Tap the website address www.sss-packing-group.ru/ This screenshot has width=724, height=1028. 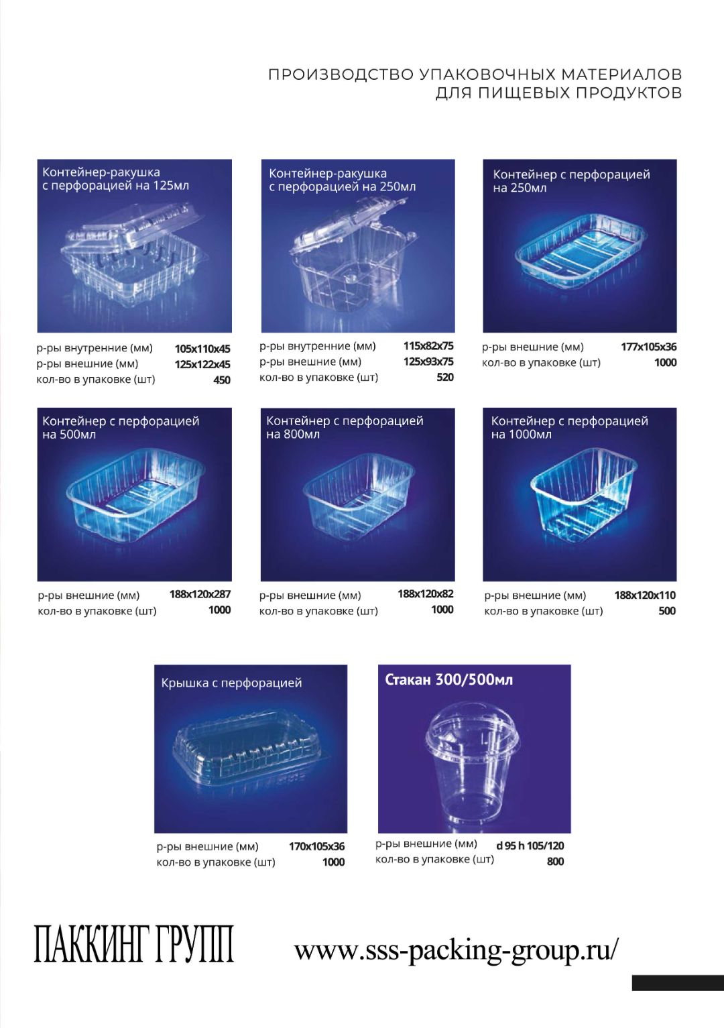pos(456,948)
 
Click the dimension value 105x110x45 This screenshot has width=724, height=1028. pos(202,348)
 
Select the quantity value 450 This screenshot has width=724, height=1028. pos(222,380)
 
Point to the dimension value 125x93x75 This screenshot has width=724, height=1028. pos(428,361)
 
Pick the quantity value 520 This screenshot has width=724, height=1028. pos(445,378)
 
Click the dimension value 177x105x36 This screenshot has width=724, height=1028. pos(649,347)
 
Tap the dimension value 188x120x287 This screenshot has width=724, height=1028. pos(200,594)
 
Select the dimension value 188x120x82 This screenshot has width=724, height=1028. pos(425,594)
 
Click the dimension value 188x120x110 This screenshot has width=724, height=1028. pos(645,595)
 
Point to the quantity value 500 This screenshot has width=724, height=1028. pos(667,611)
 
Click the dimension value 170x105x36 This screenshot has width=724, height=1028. pos(316,846)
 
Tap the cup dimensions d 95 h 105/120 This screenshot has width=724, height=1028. pos(530,846)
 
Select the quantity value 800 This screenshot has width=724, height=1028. pos(555,862)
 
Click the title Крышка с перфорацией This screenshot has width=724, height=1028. pos(232,683)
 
